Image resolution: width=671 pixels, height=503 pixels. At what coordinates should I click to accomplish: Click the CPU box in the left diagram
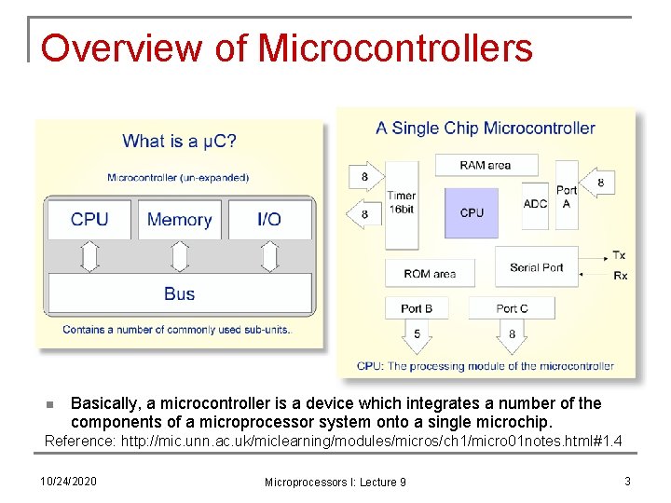pyautogui.click(x=89, y=220)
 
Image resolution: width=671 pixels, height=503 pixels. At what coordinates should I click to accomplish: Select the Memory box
pyautogui.click(x=179, y=220)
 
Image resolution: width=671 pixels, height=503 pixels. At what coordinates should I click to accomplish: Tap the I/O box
pyautogui.click(x=268, y=220)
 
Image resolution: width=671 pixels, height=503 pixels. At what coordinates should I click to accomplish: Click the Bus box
pyautogui.click(x=179, y=293)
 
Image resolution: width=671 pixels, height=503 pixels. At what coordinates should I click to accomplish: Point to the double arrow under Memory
pyautogui.click(x=179, y=256)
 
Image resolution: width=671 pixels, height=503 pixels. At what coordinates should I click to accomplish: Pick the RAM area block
pyautogui.click(x=485, y=165)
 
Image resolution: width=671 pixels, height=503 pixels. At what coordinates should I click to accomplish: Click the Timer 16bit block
pyautogui.click(x=402, y=204)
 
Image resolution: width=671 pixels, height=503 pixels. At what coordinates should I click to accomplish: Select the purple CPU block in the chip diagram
pyautogui.click(x=472, y=213)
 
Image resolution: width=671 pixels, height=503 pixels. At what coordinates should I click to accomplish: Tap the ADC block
pyautogui.click(x=536, y=204)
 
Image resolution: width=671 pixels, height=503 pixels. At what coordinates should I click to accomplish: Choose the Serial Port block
pyautogui.click(x=536, y=267)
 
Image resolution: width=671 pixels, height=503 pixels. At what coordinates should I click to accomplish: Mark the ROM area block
pyautogui.click(x=430, y=274)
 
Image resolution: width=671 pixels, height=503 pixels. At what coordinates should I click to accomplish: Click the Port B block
pyautogui.click(x=417, y=307)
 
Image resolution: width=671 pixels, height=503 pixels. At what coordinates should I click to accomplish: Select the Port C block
pyautogui.click(x=512, y=307)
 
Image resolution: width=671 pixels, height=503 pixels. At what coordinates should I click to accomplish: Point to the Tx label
pyautogui.click(x=620, y=255)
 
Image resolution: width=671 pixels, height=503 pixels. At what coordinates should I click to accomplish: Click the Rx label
pyautogui.click(x=620, y=276)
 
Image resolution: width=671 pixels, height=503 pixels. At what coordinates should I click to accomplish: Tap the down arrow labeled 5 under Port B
pyautogui.click(x=417, y=335)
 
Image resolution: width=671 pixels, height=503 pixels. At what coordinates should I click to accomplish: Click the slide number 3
pyautogui.click(x=628, y=481)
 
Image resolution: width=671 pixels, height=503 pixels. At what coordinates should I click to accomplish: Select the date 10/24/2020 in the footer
pyautogui.click(x=68, y=481)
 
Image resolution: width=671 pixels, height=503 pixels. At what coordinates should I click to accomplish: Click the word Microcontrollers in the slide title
pyautogui.click(x=395, y=48)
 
